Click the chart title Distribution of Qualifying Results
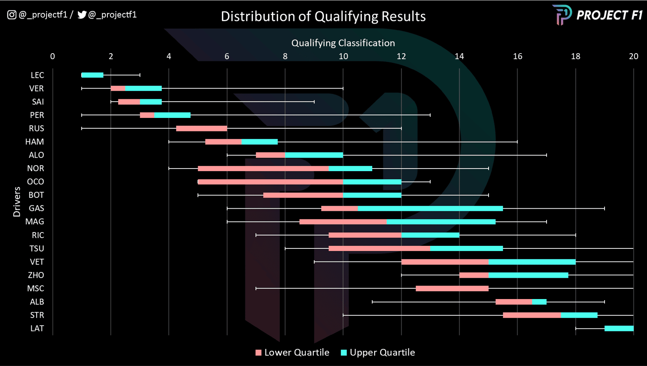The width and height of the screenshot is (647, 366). point(323,16)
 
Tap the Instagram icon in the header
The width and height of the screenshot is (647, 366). point(12,15)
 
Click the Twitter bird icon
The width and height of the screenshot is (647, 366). point(82,15)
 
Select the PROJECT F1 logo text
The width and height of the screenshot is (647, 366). point(609,15)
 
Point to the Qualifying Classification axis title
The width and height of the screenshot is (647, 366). point(343,43)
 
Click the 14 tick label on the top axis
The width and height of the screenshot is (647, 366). point(459,56)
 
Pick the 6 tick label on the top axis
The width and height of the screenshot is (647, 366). point(227,56)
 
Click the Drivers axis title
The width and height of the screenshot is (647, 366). point(17,202)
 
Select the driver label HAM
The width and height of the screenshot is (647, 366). point(35,142)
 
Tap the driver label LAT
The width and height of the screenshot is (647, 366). point(37,328)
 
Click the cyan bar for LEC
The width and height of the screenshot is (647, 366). point(93,75)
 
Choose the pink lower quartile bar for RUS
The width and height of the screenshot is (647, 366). point(202,128)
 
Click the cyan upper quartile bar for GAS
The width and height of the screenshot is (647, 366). point(430,208)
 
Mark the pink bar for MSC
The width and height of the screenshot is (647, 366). point(452,288)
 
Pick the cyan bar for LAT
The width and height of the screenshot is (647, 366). point(619,328)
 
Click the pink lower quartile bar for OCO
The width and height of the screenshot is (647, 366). point(270,182)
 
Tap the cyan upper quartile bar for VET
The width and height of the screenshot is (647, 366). point(532,262)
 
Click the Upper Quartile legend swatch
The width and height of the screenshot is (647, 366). point(344,352)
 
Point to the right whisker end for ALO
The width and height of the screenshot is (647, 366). point(546,155)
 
